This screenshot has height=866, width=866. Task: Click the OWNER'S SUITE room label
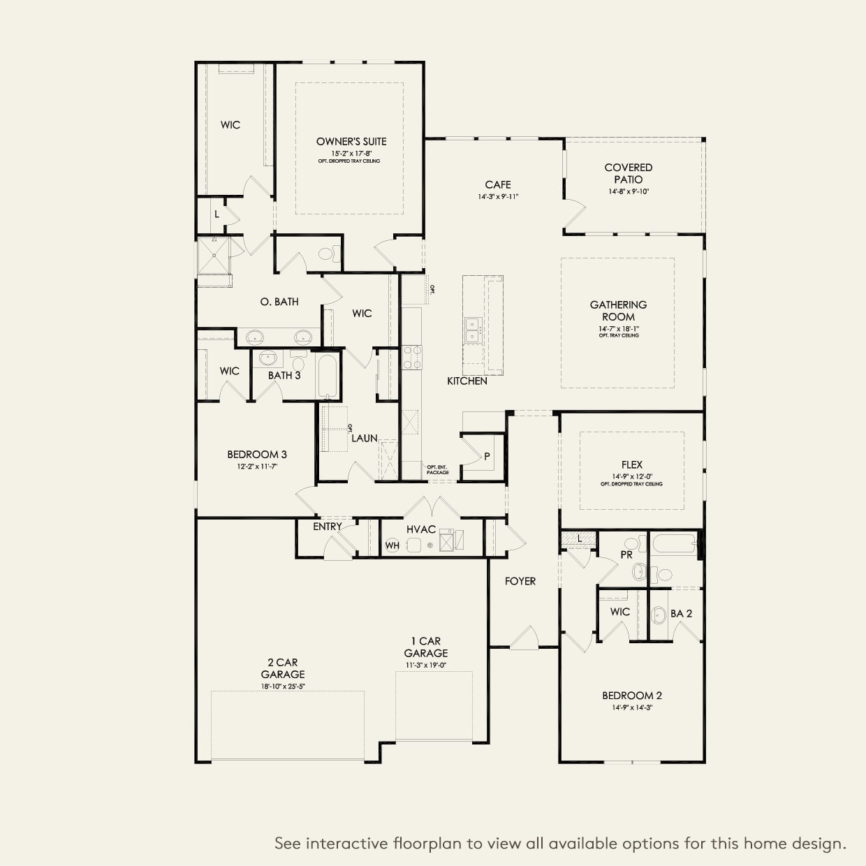pyautogui.click(x=351, y=142)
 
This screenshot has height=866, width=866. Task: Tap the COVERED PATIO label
pyautogui.click(x=629, y=173)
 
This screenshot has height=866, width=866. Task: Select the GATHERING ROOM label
pyautogui.click(x=618, y=311)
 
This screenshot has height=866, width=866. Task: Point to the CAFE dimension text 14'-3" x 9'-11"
pyautogui.click(x=498, y=197)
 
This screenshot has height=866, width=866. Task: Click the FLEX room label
pyautogui.click(x=631, y=464)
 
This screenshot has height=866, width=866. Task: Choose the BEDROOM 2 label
pyautogui.click(x=632, y=696)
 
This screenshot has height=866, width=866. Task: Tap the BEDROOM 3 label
pyautogui.click(x=257, y=455)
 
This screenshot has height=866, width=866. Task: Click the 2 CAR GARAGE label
pyautogui.click(x=283, y=668)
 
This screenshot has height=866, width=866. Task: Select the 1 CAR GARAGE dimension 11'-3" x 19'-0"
pyautogui.click(x=425, y=665)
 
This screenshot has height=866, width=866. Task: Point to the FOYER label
pyautogui.click(x=520, y=581)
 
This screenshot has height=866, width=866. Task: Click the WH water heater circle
pyautogui.click(x=392, y=545)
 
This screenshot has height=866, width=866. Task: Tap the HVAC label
pyautogui.click(x=421, y=529)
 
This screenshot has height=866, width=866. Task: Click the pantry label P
pyautogui.click(x=487, y=457)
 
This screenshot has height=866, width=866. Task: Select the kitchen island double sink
pyautogui.click(x=473, y=330)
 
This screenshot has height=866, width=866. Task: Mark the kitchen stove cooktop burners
pyautogui.click(x=411, y=357)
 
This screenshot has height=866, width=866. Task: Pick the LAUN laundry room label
pyautogui.click(x=364, y=439)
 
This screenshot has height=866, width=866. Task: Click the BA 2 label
pyautogui.click(x=681, y=613)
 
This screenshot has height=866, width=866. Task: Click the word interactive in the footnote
pyautogui.click(x=347, y=844)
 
